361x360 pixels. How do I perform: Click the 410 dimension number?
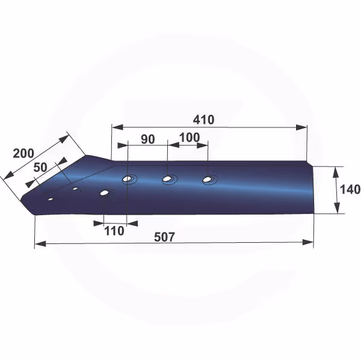pos(203,120)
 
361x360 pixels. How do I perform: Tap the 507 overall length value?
pos(164,237)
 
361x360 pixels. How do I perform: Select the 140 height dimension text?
pos(350,189)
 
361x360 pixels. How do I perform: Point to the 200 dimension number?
pos(23,153)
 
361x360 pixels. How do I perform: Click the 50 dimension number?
pos(40,167)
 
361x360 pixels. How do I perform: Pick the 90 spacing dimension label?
pos(148,139)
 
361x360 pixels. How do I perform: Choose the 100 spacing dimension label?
pos(190,138)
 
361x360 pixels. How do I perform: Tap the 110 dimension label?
pos(114,231)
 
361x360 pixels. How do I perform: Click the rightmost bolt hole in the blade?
pos(208,179)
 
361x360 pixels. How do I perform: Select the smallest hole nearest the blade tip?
pos(51,199)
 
